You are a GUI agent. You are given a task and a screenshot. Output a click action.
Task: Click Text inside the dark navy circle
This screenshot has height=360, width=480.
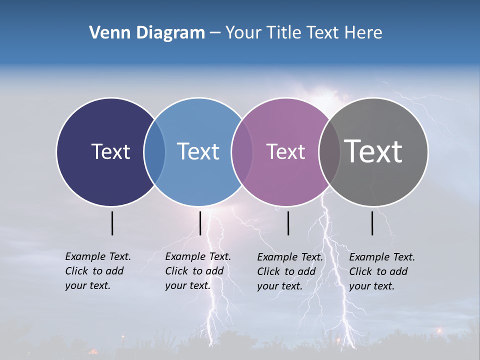tap(110, 151)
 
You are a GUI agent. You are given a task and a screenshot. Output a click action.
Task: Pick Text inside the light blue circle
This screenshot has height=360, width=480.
tap(198, 151)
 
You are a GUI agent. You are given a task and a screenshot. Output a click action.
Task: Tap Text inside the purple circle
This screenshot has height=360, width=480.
tap(285, 151)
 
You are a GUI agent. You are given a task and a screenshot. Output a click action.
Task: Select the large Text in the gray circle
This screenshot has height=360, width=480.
tap(373, 151)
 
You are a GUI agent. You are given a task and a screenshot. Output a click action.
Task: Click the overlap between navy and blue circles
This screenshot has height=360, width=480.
tap(154, 152)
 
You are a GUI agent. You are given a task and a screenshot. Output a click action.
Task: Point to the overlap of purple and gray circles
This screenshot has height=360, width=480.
tap(329, 152)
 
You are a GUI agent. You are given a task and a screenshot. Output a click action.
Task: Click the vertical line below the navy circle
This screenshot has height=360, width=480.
tap(112, 223)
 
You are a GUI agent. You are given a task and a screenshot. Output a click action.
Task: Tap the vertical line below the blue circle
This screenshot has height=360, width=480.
tap(200, 223)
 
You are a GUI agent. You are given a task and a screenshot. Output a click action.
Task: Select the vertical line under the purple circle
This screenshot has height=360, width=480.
tap(288, 223)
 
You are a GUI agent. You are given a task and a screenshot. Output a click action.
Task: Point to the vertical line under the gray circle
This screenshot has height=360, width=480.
tap(372, 223)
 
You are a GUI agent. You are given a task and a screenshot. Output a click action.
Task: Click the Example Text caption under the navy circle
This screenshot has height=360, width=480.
tap(98, 271)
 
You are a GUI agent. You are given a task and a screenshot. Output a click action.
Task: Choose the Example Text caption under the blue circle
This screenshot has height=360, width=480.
tap(198, 271)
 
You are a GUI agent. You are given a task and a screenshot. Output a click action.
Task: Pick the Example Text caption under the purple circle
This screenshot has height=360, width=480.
tap(290, 271)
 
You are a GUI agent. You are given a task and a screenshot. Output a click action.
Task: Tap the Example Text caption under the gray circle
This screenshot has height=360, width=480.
tap(382, 271)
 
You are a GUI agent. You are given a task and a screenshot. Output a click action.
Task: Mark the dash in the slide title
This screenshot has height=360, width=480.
tap(215, 33)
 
